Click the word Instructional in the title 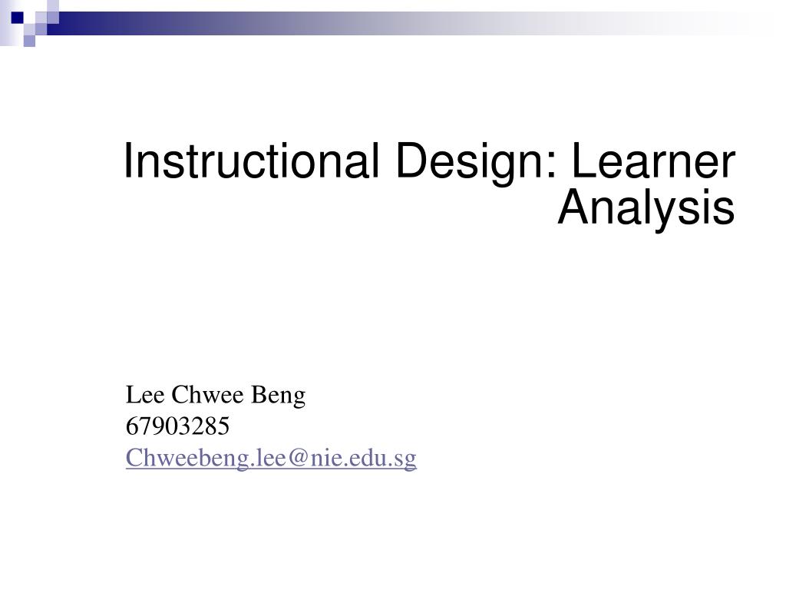pos(249,162)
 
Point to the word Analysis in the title pos(646,207)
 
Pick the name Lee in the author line pos(144,396)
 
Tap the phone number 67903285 pos(177,426)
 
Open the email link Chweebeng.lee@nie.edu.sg pos(271,459)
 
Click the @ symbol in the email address pos(299,459)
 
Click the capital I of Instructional pos(129,162)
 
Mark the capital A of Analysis pos(572,207)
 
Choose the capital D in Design pos(411,162)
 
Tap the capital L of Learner pos(585,162)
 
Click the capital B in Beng pos(259,396)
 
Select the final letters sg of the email pos(408,460)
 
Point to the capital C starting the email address pos(133,459)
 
